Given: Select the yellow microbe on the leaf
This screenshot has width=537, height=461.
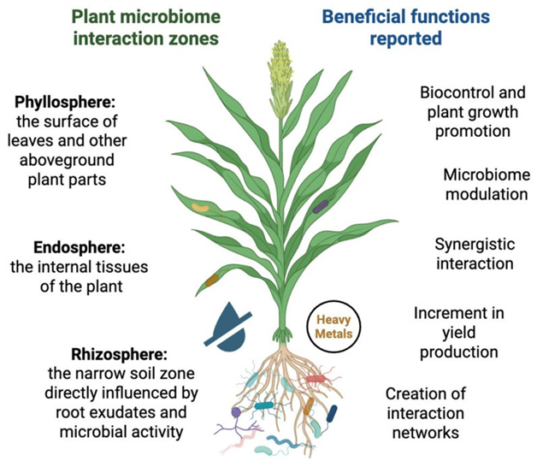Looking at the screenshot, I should (198, 206).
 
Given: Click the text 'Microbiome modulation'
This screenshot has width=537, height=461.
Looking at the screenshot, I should (484, 184).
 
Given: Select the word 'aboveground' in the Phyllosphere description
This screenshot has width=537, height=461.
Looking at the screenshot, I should (83, 162).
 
